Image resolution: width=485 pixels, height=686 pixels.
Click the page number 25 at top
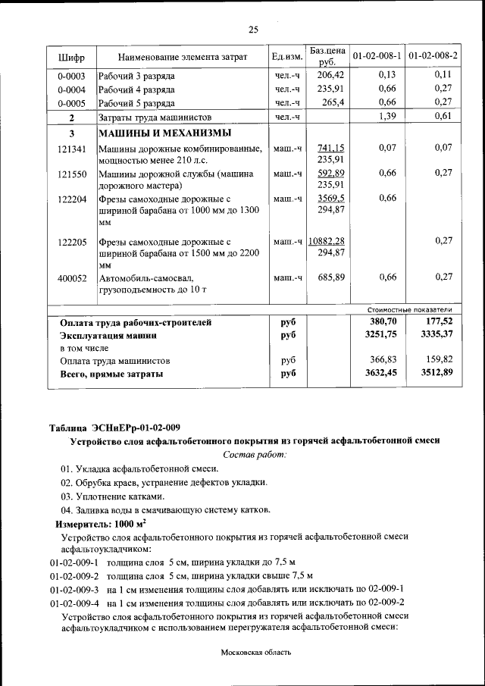tap(253, 30)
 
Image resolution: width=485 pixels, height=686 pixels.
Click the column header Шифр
tap(71, 57)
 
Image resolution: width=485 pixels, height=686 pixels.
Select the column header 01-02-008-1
tap(377, 57)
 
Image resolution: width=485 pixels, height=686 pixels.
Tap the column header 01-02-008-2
tap(433, 57)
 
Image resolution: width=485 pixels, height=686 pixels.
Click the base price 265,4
tap(333, 102)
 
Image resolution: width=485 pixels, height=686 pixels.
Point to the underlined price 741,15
tap(330, 148)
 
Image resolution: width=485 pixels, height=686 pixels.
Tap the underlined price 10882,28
tap(327, 241)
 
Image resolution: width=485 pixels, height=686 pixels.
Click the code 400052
tap(71, 277)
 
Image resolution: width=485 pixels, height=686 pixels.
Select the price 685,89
tap(330, 277)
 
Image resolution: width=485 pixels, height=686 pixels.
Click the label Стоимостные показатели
tap(409, 309)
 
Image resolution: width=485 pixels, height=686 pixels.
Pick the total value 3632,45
tap(381, 372)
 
